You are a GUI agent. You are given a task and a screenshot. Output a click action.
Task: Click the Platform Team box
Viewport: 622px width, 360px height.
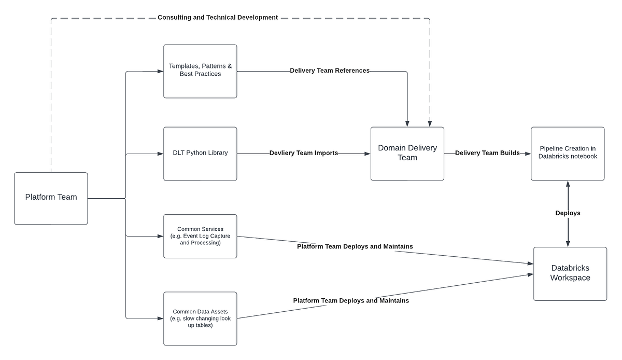51,198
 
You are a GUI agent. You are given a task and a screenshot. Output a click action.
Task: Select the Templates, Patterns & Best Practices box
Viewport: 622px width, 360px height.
200,71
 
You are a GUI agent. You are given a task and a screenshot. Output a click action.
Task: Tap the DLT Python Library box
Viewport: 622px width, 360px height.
200,154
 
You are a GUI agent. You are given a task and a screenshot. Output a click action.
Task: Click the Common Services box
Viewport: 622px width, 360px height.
200,236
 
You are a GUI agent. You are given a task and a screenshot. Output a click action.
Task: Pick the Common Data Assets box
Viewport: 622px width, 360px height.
200,319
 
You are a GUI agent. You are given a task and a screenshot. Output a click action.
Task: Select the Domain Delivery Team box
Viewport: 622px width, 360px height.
407,154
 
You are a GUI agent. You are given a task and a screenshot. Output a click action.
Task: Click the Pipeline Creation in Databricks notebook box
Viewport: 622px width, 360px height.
568,154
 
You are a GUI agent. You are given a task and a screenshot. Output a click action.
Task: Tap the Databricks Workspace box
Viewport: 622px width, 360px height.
570,273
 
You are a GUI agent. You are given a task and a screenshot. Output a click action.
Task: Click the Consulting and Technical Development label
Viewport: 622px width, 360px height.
218,18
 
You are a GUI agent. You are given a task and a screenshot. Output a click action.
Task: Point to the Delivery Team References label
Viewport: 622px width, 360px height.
330,71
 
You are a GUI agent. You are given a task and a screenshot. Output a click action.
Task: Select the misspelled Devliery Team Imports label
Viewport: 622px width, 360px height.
304,153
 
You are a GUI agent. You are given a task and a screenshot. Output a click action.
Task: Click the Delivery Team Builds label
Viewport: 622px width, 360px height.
487,153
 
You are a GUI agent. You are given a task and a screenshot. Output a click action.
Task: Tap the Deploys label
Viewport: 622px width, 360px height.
568,213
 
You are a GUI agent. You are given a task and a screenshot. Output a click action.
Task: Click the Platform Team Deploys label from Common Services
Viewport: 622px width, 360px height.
355,246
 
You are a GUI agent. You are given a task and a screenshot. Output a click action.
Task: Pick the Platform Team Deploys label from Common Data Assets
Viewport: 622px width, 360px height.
351,300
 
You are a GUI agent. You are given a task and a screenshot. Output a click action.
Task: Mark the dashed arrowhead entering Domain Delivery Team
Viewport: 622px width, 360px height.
430,123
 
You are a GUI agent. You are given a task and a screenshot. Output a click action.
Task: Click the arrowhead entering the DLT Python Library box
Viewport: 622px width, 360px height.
160,154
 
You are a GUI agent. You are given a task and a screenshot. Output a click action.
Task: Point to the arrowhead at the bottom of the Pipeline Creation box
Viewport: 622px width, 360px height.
568,184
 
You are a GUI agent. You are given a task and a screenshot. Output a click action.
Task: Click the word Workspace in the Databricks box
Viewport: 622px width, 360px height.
570,278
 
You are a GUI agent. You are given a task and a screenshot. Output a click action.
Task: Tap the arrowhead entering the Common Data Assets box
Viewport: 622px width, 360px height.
160,319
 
